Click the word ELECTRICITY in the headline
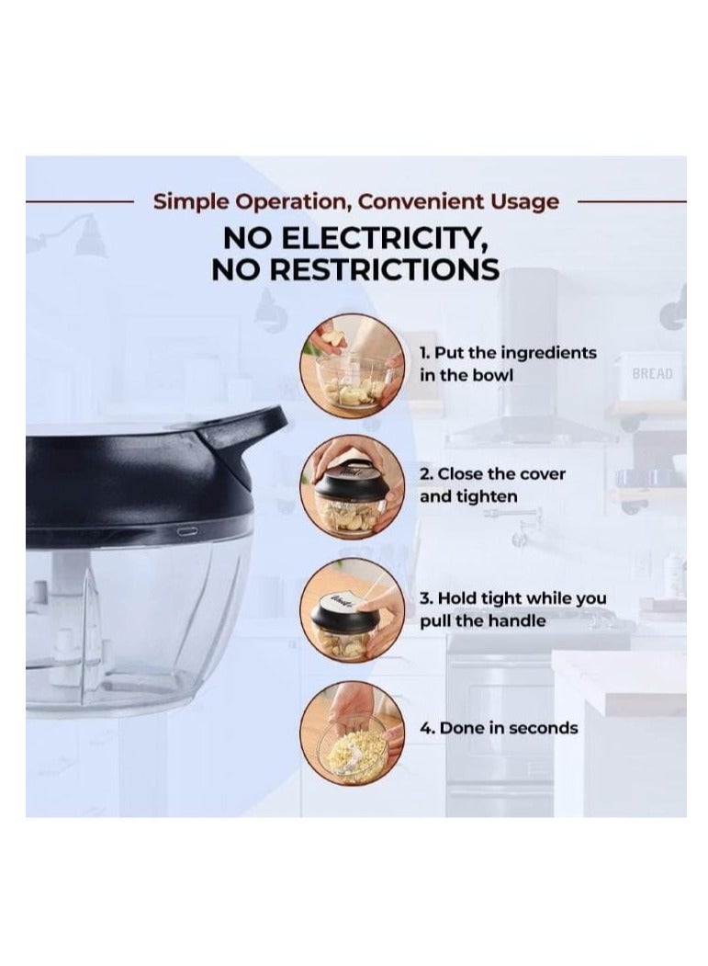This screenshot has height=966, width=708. (382, 238)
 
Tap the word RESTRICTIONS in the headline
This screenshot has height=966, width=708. (384, 270)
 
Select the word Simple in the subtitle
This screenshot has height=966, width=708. (190, 202)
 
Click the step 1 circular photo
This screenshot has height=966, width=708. (352, 366)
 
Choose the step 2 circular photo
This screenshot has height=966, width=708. (352, 487)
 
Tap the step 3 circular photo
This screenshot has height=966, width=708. (352, 609)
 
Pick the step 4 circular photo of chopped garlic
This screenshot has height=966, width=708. (352, 733)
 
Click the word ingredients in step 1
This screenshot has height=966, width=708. (548, 354)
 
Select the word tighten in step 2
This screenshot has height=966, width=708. (487, 496)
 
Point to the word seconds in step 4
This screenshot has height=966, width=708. (544, 728)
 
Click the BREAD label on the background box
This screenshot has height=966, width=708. (653, 373)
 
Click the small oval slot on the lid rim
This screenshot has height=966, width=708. (187, 530)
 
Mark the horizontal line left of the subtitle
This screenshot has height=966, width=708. (79, 201)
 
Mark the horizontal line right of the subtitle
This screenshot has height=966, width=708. (633, 201)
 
